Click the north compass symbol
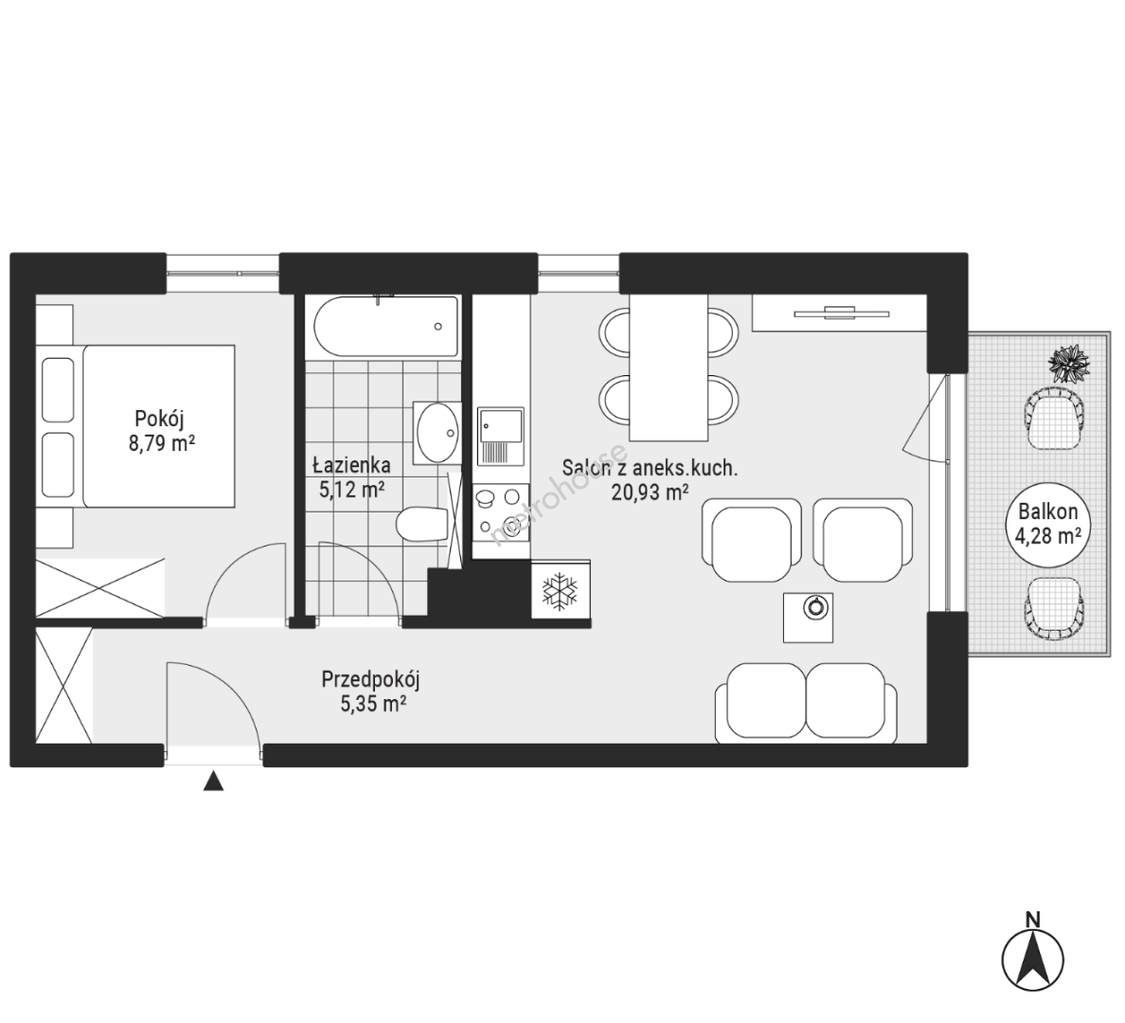[x=1032, y=960]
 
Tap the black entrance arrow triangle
[x=213, y=781]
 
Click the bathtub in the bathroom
[x=386, y=327]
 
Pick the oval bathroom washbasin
[x=437, y=433]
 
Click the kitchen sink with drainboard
[x=501, y=437]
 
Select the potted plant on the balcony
[x=1069, y=363]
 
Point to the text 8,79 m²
[x=162, y=442]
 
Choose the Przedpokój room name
[x=370, y=678]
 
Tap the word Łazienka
[x=351, y=465]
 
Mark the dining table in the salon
[x=669, y=368]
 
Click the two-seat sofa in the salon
[x=806, y=704]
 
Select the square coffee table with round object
[x=808, y=618]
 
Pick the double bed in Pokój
[x=135, y=426]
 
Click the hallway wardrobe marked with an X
[x=64, y=686]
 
